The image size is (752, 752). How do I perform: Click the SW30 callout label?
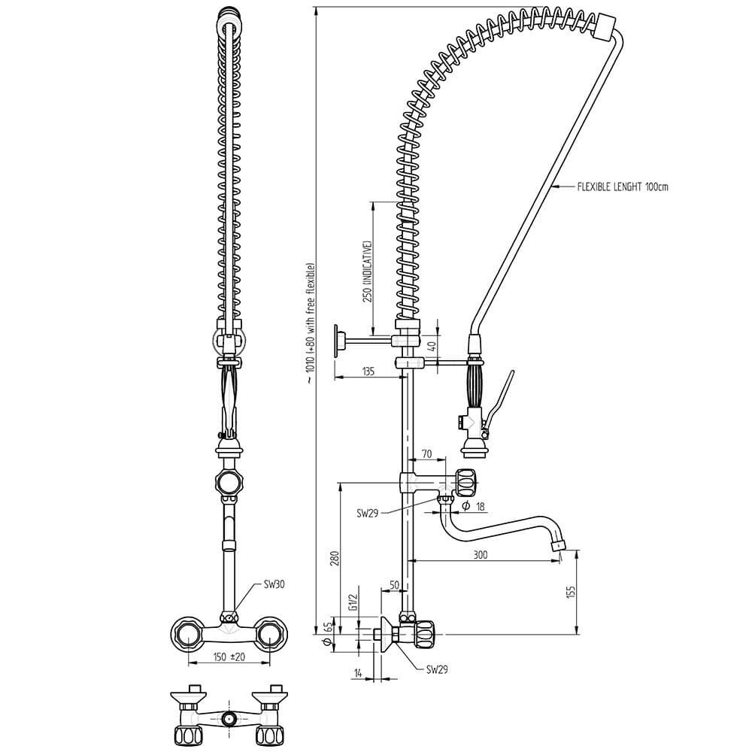coord(274,584)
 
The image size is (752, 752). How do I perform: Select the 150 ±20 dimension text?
coord(229,656)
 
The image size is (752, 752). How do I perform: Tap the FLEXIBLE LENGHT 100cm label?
coord(623,186)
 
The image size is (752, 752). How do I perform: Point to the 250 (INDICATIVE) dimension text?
coord(368,271)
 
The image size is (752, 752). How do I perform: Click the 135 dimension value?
coord(368,371)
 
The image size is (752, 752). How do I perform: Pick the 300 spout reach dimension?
coord(480,555)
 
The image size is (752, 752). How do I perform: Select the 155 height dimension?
coord(571,593)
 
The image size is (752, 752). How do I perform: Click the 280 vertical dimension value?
coord(335,559)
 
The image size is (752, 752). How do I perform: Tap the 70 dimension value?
coord(426,453)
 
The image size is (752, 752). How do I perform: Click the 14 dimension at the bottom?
coord(358,673)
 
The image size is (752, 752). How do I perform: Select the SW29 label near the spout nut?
coord(368,513)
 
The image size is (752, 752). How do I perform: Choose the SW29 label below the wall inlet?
coord(437,669)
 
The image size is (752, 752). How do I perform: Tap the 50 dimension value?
coord(394,584)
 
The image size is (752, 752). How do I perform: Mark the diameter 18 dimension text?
coord(473,506)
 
